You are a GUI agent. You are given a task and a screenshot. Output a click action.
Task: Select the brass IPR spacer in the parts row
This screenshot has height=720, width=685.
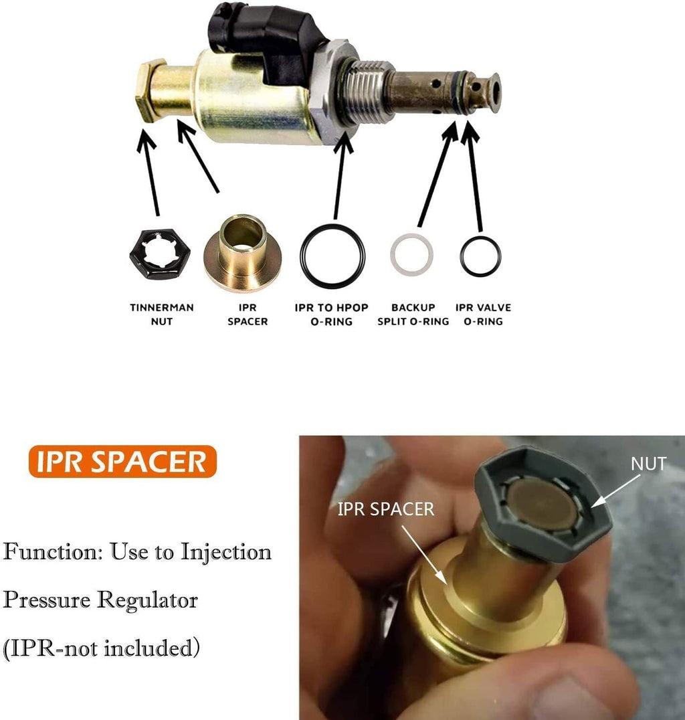click(x=242, y=253)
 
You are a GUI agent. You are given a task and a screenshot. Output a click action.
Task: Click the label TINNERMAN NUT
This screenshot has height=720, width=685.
click(x=162, y=314)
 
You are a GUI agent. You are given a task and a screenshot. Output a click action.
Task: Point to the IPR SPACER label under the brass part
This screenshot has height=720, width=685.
click(x=248, y=314)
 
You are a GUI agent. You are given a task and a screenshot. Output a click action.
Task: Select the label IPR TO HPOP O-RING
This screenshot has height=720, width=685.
click(x=332, y=314)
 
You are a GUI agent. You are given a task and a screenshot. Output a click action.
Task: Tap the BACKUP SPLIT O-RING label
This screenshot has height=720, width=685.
click(x=413, y=314)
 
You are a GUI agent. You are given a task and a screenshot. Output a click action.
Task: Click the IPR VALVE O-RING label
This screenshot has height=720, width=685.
click(x=483, y=314)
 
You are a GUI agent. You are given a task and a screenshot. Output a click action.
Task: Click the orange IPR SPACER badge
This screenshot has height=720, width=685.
click(x=122, y=462)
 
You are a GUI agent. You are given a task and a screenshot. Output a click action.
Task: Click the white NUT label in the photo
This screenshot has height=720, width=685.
click(x=648, y=464)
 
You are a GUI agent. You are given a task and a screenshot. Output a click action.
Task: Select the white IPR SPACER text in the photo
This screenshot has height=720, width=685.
click(x=386, y=509)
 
